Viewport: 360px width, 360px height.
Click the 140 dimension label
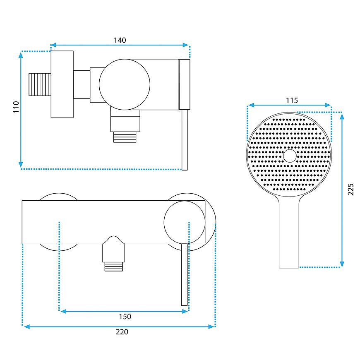point(120,40)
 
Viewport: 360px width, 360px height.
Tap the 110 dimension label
point(16,107)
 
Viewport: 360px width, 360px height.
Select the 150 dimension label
point(125,317)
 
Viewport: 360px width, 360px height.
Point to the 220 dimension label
point(122,332)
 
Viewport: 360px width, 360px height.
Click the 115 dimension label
point(292,100)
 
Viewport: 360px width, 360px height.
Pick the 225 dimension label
point(350,190)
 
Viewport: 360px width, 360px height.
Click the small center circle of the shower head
point(290,156)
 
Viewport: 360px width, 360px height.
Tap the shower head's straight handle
point(289,232)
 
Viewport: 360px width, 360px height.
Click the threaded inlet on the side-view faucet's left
point(40,84)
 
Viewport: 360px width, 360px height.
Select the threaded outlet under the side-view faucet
point(125,137)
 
